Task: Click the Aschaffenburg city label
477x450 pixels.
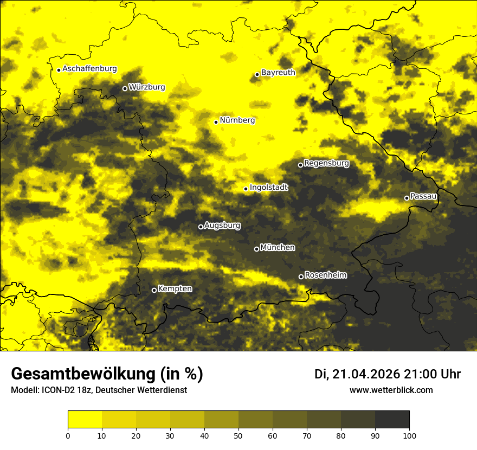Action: tap(90, 69)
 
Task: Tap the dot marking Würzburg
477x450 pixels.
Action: tap(125, 88)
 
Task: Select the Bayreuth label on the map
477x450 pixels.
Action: tap(278, 72)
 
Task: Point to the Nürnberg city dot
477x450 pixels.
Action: tap(216, 122)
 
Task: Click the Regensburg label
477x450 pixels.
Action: tap(326, 163)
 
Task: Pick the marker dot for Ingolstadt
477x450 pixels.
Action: tap(246, 189)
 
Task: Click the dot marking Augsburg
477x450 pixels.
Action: tap(201, 227)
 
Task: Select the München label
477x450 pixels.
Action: tap(278, 247)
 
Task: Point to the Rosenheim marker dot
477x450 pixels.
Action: tap(301, 277)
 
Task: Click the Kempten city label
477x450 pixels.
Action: tap(175, 288)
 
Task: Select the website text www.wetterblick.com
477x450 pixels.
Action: tap(391, 390)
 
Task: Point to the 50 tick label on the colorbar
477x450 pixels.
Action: tap(238, 435)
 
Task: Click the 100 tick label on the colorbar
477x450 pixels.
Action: tap(409, 435)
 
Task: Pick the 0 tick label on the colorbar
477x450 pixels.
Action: tap(68, 435)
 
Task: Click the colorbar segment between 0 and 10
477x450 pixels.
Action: tap(85, 420)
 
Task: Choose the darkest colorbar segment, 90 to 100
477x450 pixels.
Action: tap(392, 420)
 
